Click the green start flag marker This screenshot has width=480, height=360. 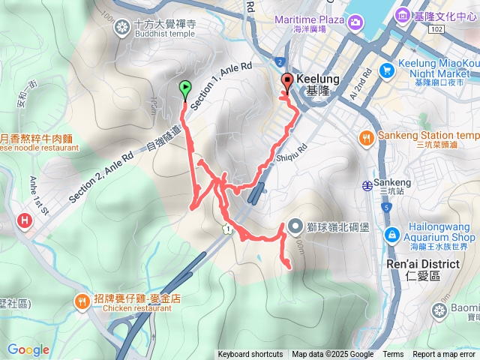coord(184,88)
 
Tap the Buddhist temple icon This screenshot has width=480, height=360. coord(122,28)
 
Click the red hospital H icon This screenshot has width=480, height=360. coord(25,220)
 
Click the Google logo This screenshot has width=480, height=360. coord(28,349)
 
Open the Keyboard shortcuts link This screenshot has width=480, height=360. coord(250,355)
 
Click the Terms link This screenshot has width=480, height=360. coord(393,355)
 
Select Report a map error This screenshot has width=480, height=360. coord(445,355)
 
